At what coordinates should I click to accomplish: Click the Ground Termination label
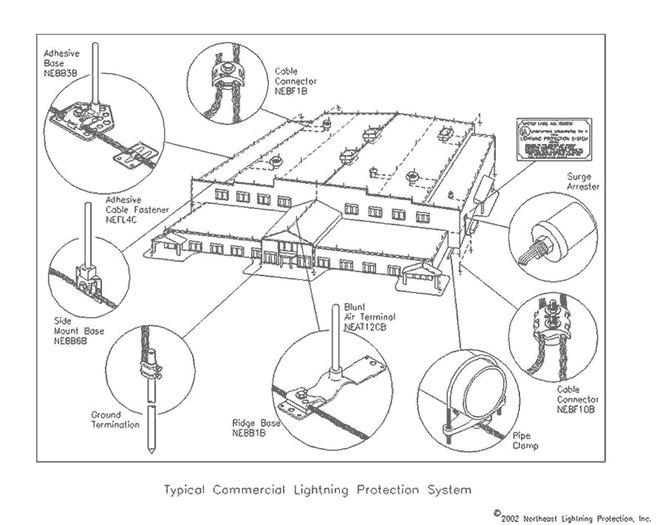(x=115, y=420)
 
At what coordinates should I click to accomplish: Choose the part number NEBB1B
(x=250, y=433)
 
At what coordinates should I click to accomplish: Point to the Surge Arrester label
(x=583, y=182)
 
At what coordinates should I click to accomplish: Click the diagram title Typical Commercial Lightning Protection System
(x=316, y=490)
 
